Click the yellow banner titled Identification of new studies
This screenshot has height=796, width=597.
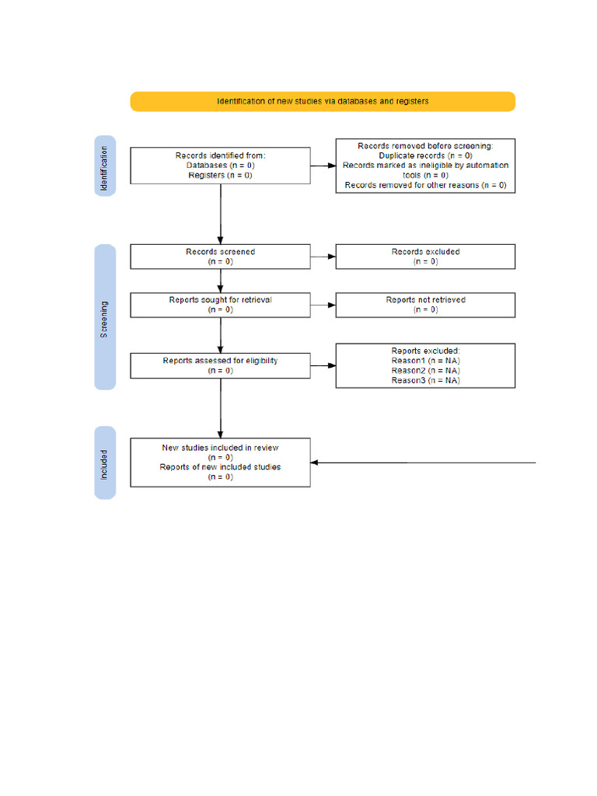(322, 101)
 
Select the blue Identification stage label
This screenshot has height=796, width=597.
(105, 166)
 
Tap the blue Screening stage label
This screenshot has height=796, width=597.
(105, 317)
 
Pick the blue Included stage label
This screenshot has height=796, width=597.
(105, 463)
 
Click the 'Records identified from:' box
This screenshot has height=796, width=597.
(220, 166)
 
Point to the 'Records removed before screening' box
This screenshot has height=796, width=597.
(425, 166)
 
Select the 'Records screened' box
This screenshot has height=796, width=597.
(220, 257)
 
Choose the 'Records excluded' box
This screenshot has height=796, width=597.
(425, 257)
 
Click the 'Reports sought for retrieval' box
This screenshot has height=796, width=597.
(220, 305)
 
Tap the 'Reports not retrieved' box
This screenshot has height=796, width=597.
(425, 305)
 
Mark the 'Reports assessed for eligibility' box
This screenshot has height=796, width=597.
(220, 365)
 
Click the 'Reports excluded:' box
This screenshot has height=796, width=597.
(425, 365)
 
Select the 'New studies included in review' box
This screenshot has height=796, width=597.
(220, 463)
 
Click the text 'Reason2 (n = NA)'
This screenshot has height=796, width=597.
(425, 371)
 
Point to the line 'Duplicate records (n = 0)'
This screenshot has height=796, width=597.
(425, 155)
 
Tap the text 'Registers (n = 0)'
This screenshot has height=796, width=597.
(220, 176)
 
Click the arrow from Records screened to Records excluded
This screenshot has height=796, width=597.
(323, 257)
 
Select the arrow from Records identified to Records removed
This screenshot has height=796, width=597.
(323, 166)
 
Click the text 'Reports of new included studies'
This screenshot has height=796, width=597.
(220, 467)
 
